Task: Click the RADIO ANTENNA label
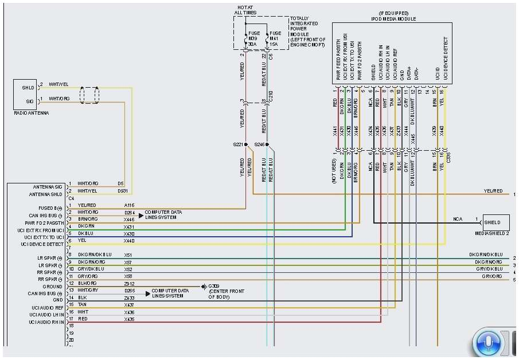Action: (32, 114)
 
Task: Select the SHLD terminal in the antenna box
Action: (28, 87)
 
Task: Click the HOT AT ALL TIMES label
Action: (246, 10)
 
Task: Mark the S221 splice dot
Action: (246, 145)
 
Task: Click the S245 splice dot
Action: (267, 145)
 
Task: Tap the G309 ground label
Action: (213, 285)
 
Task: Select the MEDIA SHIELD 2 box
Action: (496, 222)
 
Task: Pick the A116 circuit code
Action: (129, 205)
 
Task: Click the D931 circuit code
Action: (123, 190)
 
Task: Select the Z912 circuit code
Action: (129, 283)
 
